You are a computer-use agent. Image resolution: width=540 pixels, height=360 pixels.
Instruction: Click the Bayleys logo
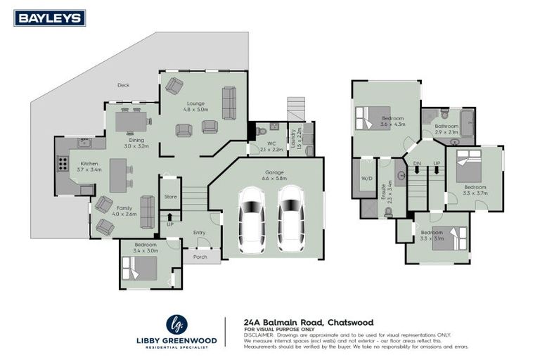coord(49,18)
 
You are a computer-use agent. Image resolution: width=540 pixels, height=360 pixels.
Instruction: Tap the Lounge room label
coord(195,103)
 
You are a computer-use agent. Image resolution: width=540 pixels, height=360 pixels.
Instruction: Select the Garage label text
coord(274,172)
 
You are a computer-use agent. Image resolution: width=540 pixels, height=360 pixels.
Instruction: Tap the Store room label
coord(170,197)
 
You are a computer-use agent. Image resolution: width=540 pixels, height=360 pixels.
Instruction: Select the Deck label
coord(123,85)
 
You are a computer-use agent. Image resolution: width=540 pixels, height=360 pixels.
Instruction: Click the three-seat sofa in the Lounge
coord(229,103)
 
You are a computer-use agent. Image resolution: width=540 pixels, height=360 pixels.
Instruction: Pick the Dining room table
coord(131,122)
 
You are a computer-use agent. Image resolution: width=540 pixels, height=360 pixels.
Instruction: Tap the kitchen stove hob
coord(63,164)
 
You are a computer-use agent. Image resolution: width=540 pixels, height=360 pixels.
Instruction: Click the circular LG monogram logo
coord(176,324)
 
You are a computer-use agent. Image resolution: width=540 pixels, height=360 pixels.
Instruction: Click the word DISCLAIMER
coord(257,335)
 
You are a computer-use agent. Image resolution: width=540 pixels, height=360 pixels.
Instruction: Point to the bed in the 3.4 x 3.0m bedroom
coord(140,267)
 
